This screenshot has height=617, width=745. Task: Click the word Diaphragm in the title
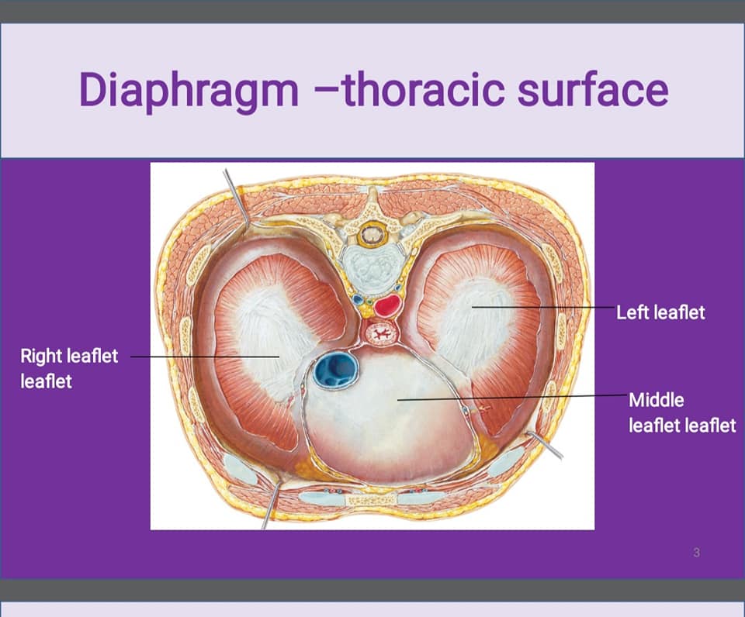[x=189, y=89]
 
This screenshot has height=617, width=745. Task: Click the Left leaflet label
[x=660, y=312]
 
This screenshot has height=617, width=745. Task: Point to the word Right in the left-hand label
[x=41, y=356]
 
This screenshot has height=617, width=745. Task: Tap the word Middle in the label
[x=657, y=400]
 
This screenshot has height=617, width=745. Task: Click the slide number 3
[x=697, y=553]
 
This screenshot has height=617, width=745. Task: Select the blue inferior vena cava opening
[x=336, y=370]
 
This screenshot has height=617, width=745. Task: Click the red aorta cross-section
[x=388, y=305]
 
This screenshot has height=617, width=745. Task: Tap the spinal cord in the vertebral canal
[x=370, y=234]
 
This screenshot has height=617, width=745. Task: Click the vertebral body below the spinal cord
[x=372, y=266]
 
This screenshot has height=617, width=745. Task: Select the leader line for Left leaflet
[x=542, y=307]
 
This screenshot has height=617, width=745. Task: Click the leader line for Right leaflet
[x=205, y=357]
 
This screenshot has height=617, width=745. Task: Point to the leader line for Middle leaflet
[x=512, y=398]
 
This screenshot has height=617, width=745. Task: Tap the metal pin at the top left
[x=237, y=199]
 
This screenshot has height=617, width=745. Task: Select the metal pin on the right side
[x=546, y=445]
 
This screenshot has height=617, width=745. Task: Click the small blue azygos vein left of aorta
[x=356, y=299]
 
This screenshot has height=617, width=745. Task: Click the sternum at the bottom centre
[x=372, y=500]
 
